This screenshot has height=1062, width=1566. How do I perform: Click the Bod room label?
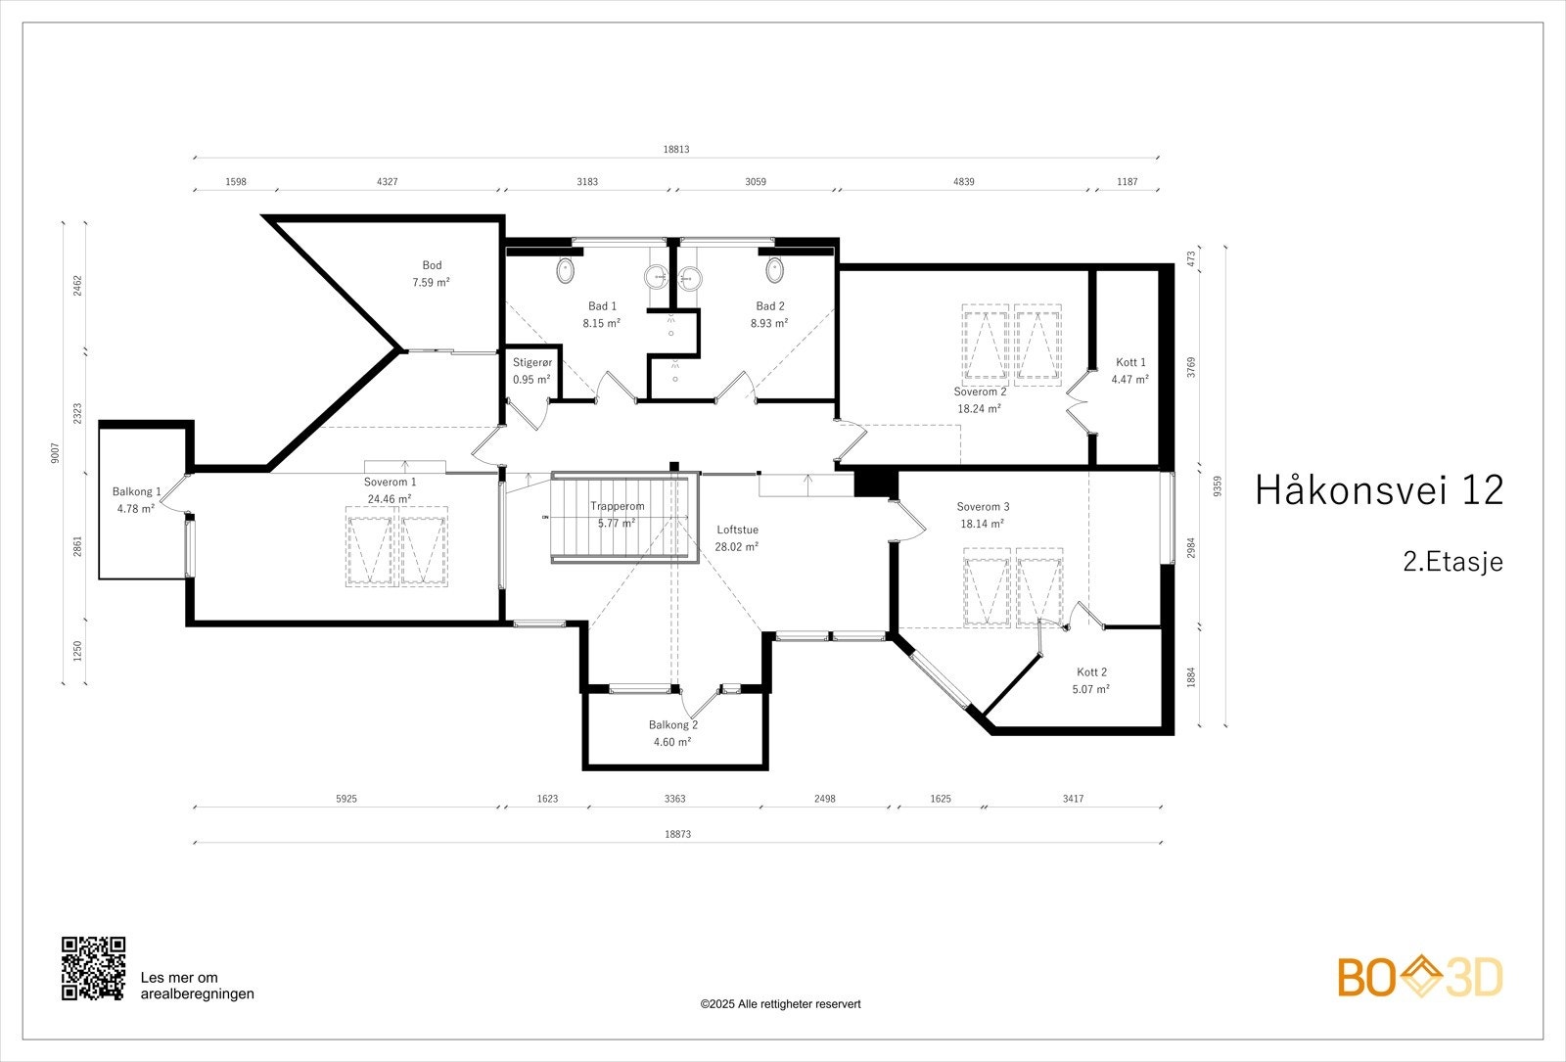(432, 265)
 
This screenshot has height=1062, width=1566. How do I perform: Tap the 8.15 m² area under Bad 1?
(601, 323)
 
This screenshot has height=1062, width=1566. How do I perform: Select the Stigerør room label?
(531, 362)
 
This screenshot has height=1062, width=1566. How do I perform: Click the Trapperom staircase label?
(617, 506)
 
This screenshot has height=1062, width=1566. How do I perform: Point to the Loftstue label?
(737, 530)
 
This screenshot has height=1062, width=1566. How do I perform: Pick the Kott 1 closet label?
(1129, 362)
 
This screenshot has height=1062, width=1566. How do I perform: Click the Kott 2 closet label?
(1091, 672)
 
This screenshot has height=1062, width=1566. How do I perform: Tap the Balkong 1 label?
(136, 491)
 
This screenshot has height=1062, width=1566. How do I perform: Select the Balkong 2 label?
(672, 725)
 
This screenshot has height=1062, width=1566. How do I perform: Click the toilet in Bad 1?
(565, 271)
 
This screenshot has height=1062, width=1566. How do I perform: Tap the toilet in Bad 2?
(774, 269)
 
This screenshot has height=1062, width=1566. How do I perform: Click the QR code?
(94, 968)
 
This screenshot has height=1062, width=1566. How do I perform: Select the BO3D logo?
(1420, 977)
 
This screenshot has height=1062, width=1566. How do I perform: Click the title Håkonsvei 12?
(1378, 490)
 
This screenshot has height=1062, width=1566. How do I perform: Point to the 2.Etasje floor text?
(1451, 562)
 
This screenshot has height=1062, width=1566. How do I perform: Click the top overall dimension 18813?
(676, 150)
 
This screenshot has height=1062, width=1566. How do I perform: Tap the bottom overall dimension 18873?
(677, 835)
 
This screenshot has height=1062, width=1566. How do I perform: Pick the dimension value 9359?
(1217, 486)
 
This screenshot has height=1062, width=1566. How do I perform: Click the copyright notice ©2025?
(780, 1004)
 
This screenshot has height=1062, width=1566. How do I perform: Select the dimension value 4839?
(963, 182)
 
